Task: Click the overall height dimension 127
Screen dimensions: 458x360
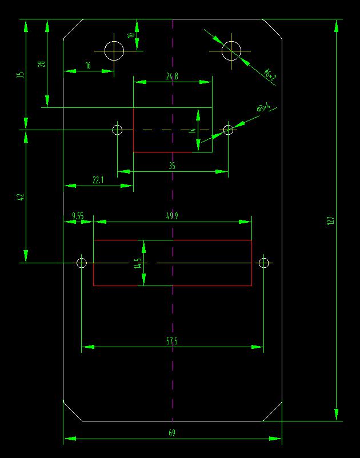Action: (330, 221)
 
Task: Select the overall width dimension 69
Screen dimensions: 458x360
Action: (172, 433)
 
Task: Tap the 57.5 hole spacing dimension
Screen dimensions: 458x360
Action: (172, 341)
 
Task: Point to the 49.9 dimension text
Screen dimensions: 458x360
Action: (171, 216)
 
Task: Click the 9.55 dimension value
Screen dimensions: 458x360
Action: (78, 216)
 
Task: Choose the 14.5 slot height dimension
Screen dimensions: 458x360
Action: (138, 263)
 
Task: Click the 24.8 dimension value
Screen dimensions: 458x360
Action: (172, 76)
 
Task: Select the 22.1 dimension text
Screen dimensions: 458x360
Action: (98, 180)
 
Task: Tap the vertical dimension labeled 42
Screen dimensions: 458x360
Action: (21, 197)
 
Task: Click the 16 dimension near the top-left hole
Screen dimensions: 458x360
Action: (88, 66)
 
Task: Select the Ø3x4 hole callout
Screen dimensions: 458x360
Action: (263, 107)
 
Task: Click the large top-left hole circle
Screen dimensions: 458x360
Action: (114, 50)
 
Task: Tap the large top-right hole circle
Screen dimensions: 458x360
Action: (231, 50)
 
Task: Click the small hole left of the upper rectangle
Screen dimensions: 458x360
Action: (117, 130)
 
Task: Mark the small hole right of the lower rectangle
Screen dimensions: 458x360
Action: (263, 263)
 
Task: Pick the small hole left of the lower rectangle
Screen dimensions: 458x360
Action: (81, 263)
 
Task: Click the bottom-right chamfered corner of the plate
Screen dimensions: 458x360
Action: (273, 411)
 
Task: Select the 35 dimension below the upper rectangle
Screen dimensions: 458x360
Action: (172, 166)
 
